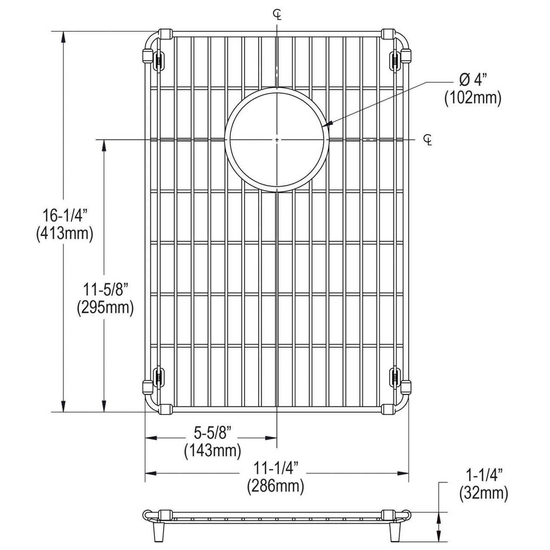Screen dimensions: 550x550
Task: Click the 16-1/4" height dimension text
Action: [x=64, y=215]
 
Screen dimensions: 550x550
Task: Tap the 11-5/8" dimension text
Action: [x=105, y=289]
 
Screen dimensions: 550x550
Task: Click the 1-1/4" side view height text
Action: [x=483, y=475]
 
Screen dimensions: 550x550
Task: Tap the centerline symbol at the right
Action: [x=428, y=140]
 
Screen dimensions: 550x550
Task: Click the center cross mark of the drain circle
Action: [x=277, y=140]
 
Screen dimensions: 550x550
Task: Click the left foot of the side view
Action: [x=157, y=533]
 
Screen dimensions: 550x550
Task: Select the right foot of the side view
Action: [x=394, y=533]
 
